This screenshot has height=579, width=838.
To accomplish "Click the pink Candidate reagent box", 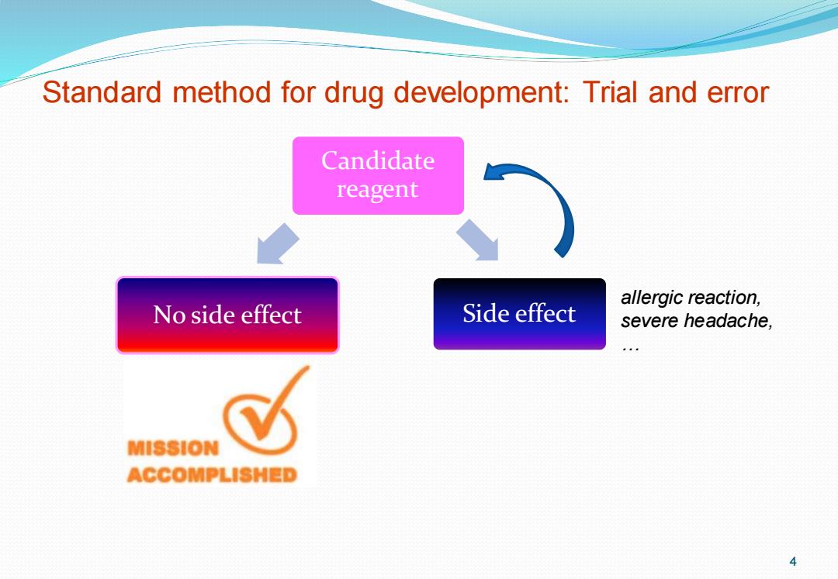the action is click(x=378, y=176).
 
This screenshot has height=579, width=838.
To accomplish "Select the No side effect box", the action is click(x=227, y=315).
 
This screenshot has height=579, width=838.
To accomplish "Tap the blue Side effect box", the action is click(x=519, y=314).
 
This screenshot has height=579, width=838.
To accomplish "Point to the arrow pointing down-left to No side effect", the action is click(x=277, y=244).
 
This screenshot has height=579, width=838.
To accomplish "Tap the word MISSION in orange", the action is click(x=173, y=448).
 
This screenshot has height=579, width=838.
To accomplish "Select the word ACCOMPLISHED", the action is click(x=212, y=474).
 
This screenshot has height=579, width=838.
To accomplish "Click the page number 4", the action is click(x=793, y=561).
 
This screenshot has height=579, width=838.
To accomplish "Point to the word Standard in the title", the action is click(x=102, y=91).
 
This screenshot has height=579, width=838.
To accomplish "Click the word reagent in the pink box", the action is click(x=377, y=190).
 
